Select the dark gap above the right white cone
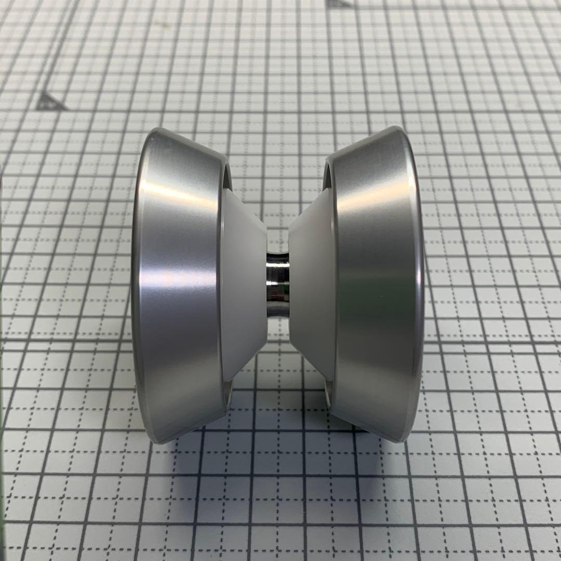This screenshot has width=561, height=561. point(327,177)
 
